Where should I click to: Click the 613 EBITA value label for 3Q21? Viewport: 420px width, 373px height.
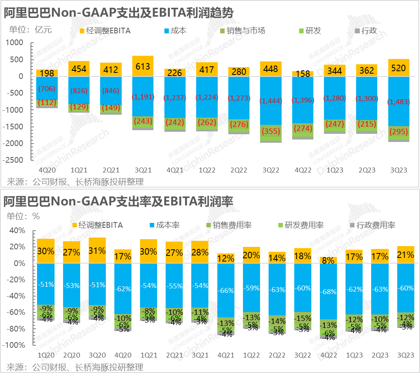pos(142,67)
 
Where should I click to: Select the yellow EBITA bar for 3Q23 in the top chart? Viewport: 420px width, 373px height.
pos(398,68)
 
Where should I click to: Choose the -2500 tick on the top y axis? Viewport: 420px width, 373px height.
pos(15,160)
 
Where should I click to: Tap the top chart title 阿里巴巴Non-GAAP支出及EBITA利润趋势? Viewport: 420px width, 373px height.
pos(118,13)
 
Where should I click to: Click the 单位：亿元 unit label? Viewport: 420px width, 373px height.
pos(31,29)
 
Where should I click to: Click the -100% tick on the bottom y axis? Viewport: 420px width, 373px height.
pos(16,345)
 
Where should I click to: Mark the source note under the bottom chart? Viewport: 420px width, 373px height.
pos(75,367)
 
